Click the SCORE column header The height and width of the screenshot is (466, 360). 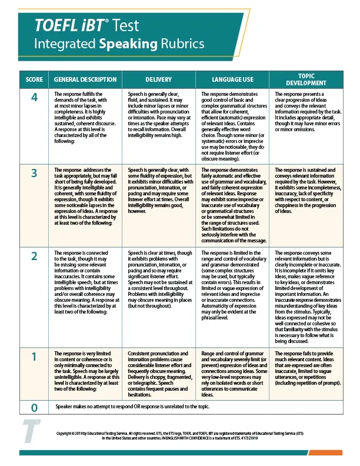[x=34, y=79]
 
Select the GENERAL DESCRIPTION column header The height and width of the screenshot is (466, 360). [x=85, y=79]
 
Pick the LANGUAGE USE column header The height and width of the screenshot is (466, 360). [x=232, y=79]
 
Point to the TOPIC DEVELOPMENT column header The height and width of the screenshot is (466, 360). [x=306, y=79]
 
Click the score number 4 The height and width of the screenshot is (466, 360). [x=34, y=98]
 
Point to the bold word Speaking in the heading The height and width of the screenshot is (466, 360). [x=128, y=44]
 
